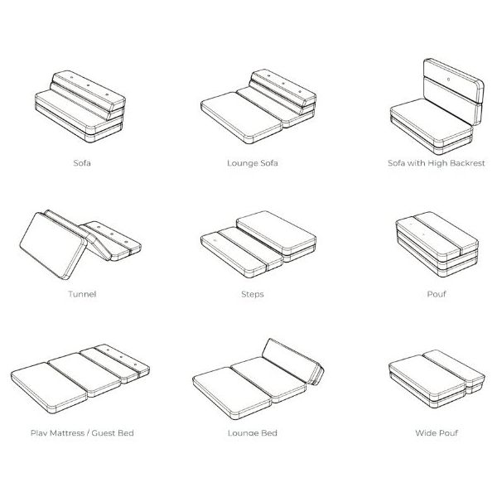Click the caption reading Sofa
pos(82,163)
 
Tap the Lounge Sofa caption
pos(253,163)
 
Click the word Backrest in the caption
pos(467,163)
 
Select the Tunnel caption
pos(82,294)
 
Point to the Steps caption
pos(253,294)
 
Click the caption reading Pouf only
pos(437,294)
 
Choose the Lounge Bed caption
pos(253,433)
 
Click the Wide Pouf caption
pos(437,433)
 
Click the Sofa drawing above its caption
pos(80,106)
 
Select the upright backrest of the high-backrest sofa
pos(453,90)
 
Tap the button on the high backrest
pos(448,79)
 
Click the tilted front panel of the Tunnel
pos(53,246)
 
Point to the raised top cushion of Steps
pos(277,232)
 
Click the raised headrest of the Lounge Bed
pos(293,361)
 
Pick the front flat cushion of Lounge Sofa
pos(242,118)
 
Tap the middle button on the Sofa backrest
pos(88,85)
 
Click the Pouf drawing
pos(437,244)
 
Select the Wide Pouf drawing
pos(437,379)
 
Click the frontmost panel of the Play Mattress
pos(49,388)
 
